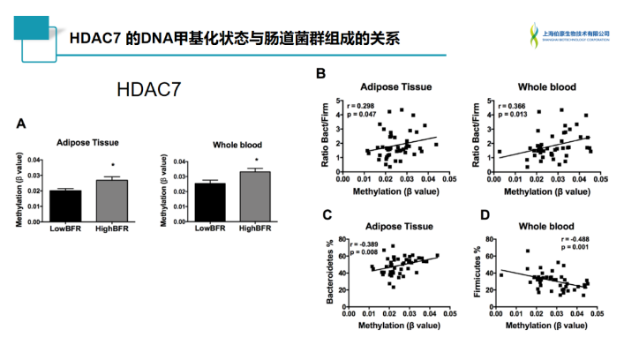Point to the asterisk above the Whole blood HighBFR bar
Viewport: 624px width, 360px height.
point(256,161)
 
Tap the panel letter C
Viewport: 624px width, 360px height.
point(327,215)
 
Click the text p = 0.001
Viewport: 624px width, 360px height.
point(575,249)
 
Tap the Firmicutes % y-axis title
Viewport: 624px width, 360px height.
point(477,273)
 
